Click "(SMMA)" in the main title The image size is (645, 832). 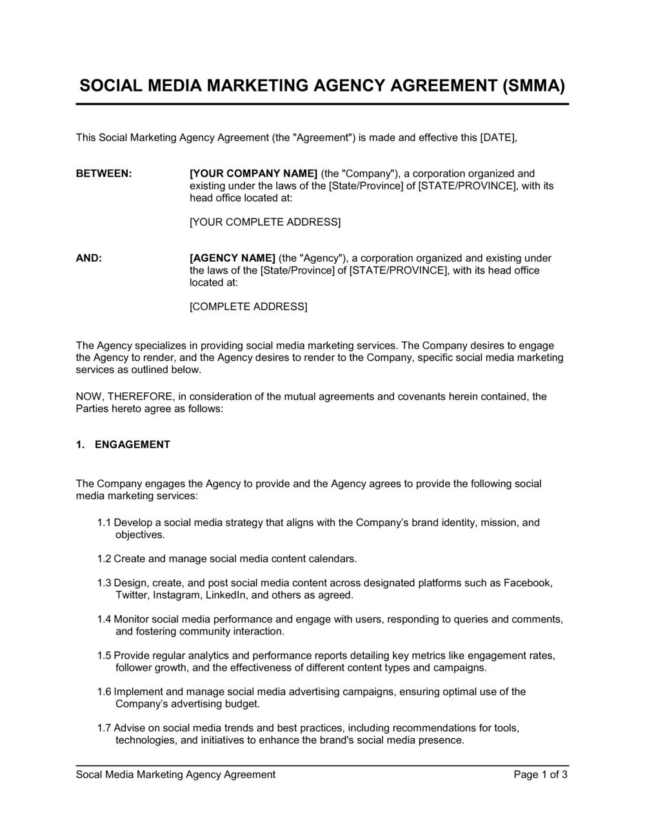pos(533,86)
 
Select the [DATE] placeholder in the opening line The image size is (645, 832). pos(498,137)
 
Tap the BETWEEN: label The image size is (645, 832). pos(104,173)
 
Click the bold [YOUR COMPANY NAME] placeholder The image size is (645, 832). pos(253,173)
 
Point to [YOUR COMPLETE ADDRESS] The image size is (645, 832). pos(264,222)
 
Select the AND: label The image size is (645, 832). pos(89,258)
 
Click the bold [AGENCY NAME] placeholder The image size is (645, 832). pos(232,258)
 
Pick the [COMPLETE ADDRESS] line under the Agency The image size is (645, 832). pos(248,306)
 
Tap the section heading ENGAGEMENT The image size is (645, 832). pos(132,444)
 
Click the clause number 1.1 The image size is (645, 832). pos(104,522)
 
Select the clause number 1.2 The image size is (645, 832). pos(104,559)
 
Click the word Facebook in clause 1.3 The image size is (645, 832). pos(528,583)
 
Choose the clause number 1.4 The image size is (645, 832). pos(104,619)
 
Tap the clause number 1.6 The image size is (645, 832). pos(104,691)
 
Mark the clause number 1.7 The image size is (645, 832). pos(104,728)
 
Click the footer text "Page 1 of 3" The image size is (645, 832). pos(541,775)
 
